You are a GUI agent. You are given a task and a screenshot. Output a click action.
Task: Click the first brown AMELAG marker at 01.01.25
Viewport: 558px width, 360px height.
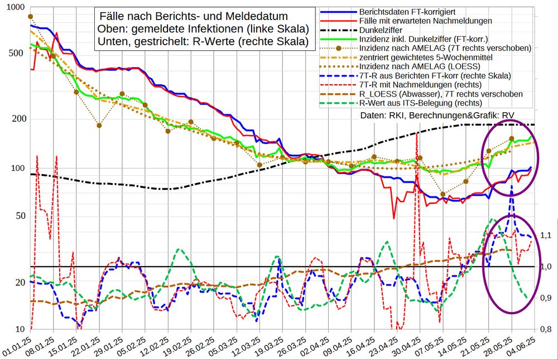coord(31,17)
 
